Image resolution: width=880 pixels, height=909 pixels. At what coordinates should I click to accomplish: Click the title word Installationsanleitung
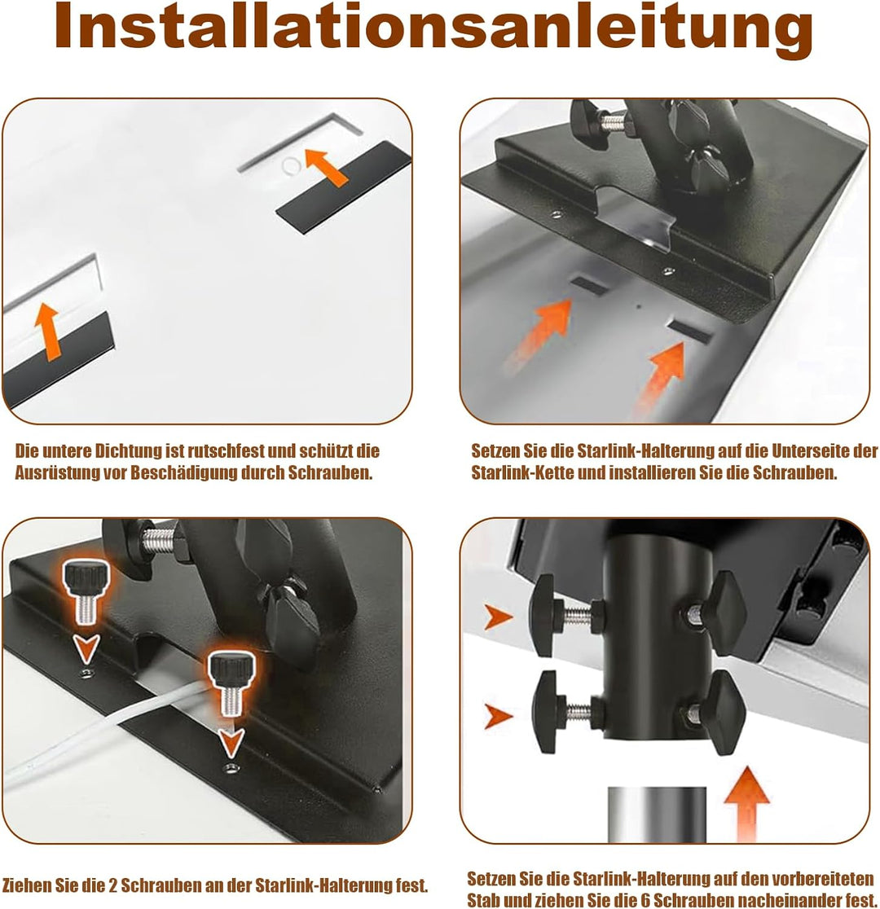[434, 28]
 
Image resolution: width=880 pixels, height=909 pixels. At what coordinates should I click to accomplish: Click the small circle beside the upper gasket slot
[291, 167]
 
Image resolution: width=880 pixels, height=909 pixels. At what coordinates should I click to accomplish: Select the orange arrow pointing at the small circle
[326, 167]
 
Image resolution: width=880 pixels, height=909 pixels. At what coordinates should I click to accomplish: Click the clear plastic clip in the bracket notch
[636, 220]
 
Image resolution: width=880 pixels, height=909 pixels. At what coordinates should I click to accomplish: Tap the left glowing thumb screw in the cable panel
[86, 591]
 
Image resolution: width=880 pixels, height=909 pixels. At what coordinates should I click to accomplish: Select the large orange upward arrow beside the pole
[747, 803]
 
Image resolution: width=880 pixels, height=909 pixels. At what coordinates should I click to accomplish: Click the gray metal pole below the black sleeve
[657, 815]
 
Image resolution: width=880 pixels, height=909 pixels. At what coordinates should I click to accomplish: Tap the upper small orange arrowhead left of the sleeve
[498, 617]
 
